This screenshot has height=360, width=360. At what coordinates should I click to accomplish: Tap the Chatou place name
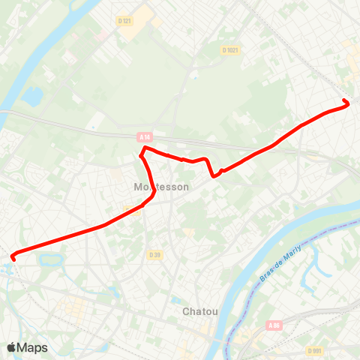tap(200, 310)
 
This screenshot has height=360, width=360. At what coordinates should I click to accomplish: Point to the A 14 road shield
tap(145, 136)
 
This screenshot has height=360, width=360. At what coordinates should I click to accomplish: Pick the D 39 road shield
tap(154, 255)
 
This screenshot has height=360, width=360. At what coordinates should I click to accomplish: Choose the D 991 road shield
tap(315, 350)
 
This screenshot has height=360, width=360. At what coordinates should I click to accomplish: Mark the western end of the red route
tap(13, 259)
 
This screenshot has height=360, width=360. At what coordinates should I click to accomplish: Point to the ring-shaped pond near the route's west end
tap(51, 260)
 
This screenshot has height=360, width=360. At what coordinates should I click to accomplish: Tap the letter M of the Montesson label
tap(136, 187)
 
